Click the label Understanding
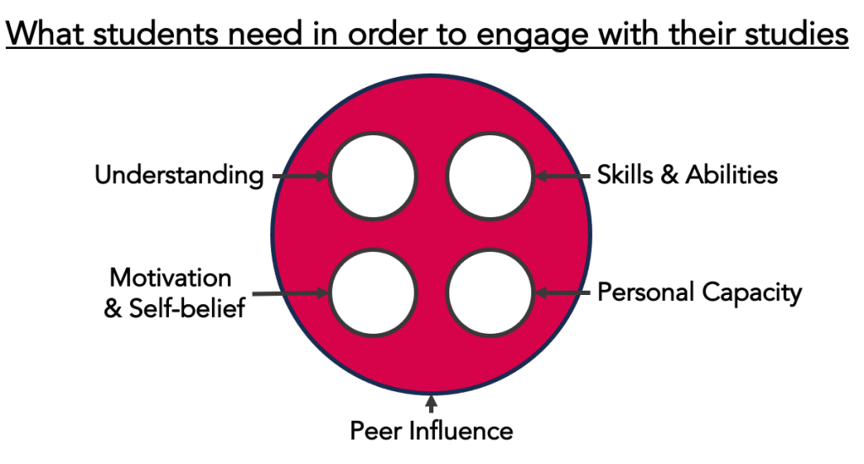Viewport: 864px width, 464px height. click(178, 176)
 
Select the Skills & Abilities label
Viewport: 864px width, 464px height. click(687, 175)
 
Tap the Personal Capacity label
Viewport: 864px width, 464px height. click(699, 292)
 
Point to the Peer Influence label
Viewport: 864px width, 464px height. click(431, 430)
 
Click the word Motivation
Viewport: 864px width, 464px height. click(171, 278)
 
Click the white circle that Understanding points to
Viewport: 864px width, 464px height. click(372, 176)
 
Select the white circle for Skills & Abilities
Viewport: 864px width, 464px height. click(490, 176)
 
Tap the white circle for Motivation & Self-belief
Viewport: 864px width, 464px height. click(372, 293)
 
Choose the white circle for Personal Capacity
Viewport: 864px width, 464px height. click(490, 293)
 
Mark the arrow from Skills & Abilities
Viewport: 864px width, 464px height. click(562, 176)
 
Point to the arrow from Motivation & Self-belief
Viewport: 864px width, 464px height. click(291, 293)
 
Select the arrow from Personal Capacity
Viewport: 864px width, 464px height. click(562, 293)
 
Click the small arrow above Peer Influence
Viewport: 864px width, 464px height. click(432, 404)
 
